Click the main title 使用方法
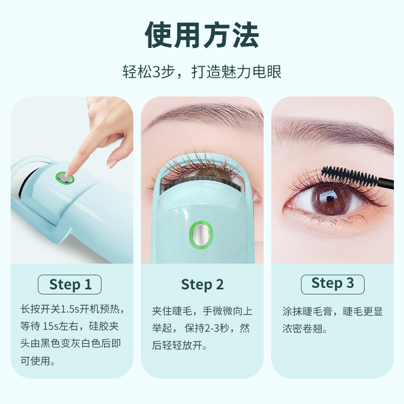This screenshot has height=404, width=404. pos(202,35)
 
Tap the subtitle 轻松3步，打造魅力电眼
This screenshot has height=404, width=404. pos(202,71)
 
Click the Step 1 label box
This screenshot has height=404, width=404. pos(70,284)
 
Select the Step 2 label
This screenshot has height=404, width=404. pos(203,285)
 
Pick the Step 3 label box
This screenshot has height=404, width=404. pos(333,284)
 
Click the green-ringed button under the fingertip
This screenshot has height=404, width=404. pos(65,178)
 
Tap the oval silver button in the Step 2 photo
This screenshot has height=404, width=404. pos(201,235)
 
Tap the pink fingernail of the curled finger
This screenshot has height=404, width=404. pos(113,164)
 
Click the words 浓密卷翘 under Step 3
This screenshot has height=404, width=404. pos(302,329)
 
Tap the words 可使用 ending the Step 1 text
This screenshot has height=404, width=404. pos(35,361)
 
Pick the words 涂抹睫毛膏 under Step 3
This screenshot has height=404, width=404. pos(308,311)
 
